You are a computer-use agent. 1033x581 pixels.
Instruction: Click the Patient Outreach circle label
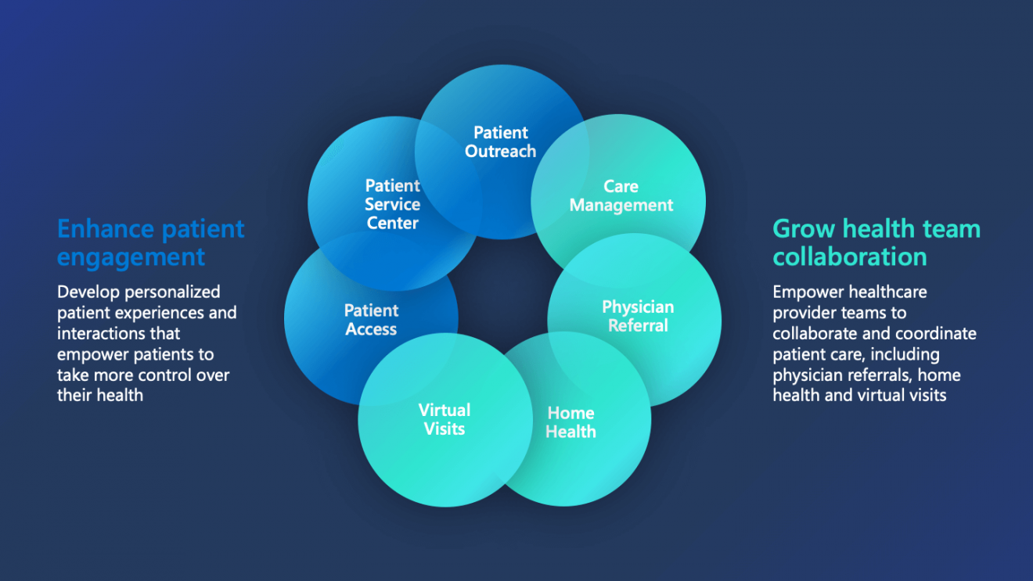coord(501,142)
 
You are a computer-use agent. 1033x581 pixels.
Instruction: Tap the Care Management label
coord(621,196)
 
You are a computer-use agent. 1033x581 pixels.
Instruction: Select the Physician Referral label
coord(638,316)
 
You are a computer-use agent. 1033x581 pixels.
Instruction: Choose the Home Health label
coord(570,422)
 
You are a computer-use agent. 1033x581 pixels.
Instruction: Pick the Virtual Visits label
coord(445,419)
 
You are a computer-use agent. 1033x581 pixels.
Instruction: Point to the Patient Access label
coord(371,320)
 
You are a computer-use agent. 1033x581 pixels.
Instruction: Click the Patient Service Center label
coord(392,204)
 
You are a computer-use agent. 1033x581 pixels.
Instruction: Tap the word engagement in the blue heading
coord(131,257)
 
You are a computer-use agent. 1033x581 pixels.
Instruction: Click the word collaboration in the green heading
coord(850,257)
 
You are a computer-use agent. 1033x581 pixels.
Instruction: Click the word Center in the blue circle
coord(392,224)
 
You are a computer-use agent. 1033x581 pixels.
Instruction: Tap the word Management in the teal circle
coord(621,206)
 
